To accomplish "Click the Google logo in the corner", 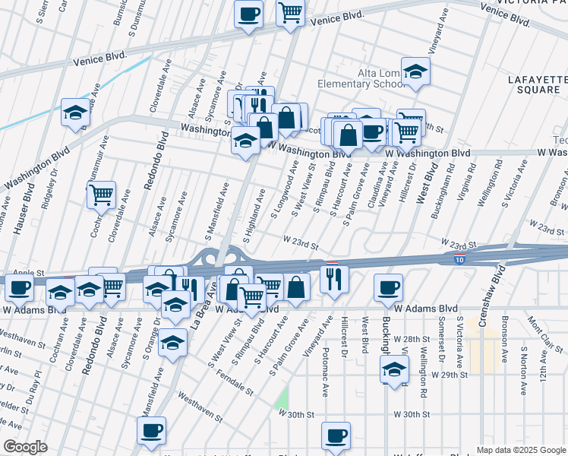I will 25,447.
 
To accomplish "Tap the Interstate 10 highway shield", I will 460,260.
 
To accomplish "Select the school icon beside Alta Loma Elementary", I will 415,71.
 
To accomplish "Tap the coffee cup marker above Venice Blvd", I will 248,14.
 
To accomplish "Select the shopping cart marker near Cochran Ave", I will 101,195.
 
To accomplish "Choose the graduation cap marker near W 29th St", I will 394,370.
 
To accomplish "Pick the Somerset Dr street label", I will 441,344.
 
